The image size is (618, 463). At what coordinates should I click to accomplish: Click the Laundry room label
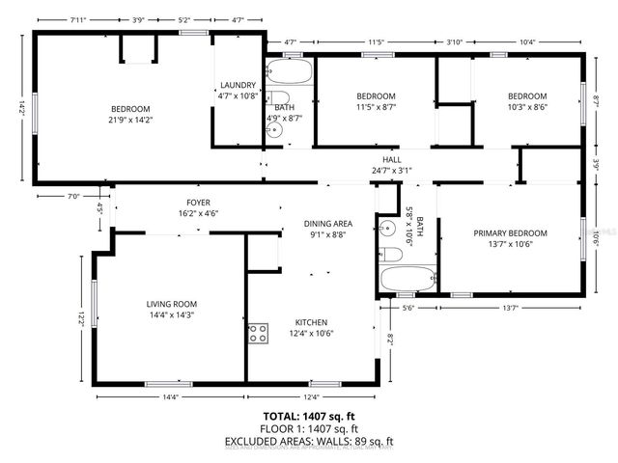(x=237, y=85)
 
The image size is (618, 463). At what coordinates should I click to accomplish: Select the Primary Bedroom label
(x=510, y=233)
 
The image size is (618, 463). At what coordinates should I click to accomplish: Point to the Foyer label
(x=185, y=203)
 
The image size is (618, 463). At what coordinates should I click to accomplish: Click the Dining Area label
(x=328, y=223)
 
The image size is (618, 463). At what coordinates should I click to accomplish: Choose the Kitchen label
(x=311, y=322)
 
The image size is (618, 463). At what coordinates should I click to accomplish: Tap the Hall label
(x=391, y=159)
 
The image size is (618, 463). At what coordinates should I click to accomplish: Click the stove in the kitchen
(x=258, y=334)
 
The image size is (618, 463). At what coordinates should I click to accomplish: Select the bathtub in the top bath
(x=286, y=73)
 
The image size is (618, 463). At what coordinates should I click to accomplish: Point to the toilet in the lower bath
(x=390, y=255)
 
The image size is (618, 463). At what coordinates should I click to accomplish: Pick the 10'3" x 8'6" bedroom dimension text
(x=527, y=109)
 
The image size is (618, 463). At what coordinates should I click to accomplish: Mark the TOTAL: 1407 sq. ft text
(x=309, y=415)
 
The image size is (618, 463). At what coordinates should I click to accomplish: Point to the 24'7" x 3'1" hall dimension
(x=391, y=171)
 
